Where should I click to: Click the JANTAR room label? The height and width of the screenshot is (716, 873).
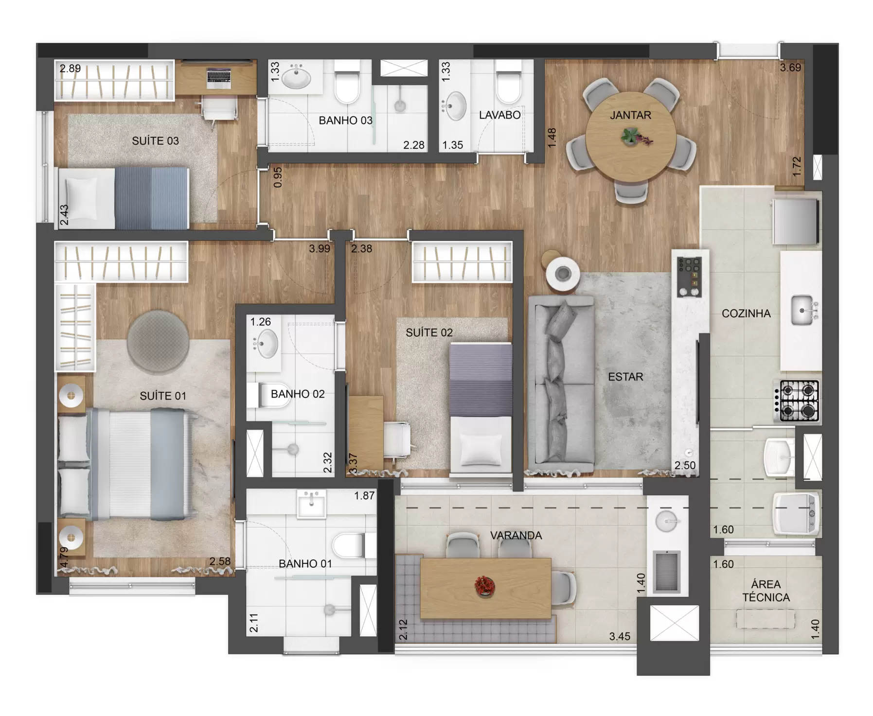[630, 115]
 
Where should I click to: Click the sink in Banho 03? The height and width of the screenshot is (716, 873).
[296, 77]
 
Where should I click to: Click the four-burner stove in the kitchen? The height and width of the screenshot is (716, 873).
[800, 401]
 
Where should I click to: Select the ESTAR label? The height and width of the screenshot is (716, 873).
[625, 377]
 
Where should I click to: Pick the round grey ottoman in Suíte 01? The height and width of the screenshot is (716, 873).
[158, 342]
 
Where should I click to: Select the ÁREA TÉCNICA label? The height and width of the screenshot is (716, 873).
[766, 591]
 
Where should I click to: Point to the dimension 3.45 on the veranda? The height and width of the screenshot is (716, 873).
[620, 637]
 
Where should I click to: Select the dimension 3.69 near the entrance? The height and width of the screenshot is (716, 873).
[790, 68]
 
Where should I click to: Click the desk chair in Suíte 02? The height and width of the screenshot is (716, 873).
[397, 440]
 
